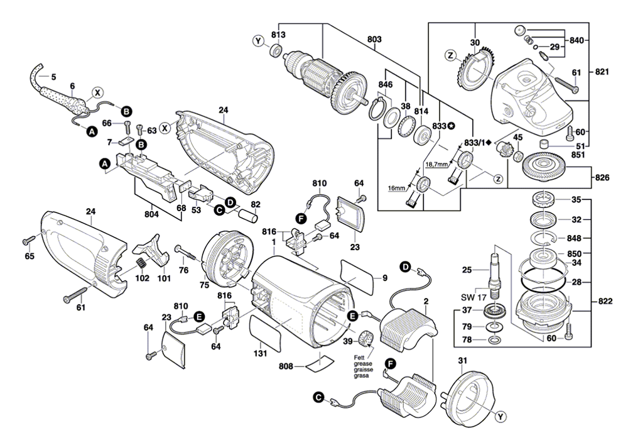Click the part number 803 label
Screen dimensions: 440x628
375,40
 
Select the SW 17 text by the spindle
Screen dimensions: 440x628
475,297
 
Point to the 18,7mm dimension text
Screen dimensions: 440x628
436,163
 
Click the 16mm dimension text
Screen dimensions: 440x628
397,188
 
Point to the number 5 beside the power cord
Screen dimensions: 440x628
53,77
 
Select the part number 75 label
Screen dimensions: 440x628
203,285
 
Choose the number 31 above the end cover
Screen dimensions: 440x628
463,360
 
